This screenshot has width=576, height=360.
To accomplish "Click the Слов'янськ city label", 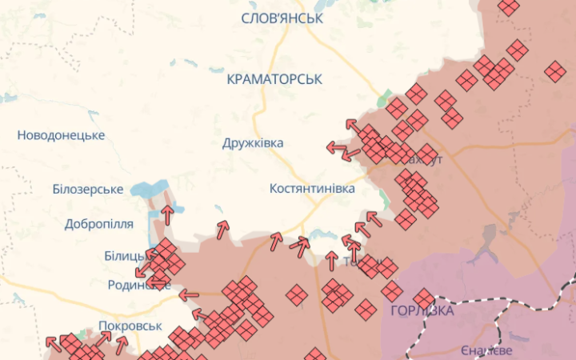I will click(x=282, y=18).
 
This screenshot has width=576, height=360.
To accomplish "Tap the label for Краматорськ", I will click(x=274, y=79).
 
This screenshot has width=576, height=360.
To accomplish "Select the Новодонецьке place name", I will click(x=61, y=135).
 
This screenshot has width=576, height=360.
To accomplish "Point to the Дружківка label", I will click(x=253, y=142).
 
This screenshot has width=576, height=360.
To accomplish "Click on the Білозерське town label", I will click(x=76, y=189).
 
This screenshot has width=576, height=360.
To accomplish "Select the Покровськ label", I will click(x=130, y=326).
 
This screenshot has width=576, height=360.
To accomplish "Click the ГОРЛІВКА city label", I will click(x=422, y=310).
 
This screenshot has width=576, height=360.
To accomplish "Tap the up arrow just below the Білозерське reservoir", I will click(x=167, y=214).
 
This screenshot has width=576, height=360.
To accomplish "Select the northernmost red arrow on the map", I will click(x=352, y=125).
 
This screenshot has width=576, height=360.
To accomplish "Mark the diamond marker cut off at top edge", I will click(x=509, y=6).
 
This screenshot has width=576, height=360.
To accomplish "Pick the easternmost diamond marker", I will click(x=555, y=71).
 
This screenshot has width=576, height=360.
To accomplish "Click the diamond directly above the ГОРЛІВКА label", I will click(x=424, y=297).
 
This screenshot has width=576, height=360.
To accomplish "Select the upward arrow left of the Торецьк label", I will click(x=331, y=260).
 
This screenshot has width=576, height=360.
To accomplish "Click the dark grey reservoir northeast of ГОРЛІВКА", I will click(x=484, y=240).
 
